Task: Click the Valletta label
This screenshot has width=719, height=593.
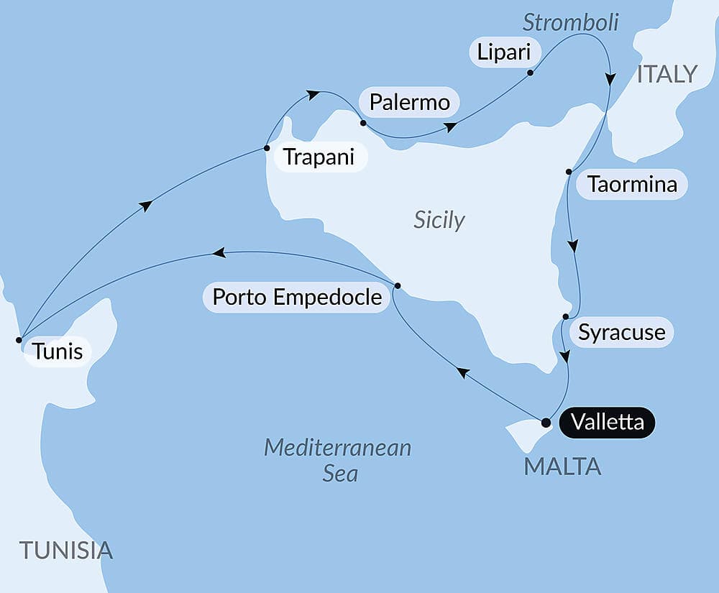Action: [608, 422]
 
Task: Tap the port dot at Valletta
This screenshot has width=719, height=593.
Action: [546, 422]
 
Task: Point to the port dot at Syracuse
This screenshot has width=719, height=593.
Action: [565, 316]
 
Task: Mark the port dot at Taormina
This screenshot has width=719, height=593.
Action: [569, 171]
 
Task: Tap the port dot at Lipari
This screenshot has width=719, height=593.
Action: [530, 73]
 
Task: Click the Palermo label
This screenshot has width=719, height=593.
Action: [409, 103]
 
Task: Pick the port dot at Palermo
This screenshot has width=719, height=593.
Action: [363, 123]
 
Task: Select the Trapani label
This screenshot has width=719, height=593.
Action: [319, 157]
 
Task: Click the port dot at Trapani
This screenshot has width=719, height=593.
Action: [267, 148]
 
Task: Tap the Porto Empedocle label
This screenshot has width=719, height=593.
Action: [297, 296]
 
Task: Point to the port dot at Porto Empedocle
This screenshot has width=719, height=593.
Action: [398, 285]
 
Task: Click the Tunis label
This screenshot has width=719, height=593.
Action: [57, 352]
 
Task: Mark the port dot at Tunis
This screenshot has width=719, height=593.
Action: [19, 339]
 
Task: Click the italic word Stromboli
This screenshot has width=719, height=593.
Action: [570, 22]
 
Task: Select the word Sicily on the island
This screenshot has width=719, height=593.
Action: [439, 220]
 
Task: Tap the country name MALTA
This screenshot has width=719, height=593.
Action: [562, 466]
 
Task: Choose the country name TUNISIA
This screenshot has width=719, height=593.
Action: [66, 551]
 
